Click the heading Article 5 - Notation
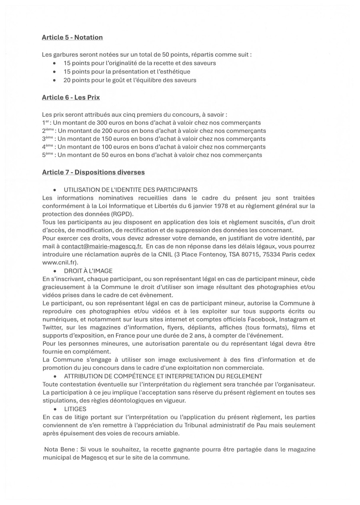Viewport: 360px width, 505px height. click(72, 38)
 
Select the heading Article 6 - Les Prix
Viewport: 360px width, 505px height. click(71, 98)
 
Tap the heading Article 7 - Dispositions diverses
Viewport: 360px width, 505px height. click(93, 172)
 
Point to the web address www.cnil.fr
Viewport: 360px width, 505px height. click(59, 263)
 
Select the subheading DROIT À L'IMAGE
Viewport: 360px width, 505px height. click(88, 271)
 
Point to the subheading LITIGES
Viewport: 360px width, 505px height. click(75, 409)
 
